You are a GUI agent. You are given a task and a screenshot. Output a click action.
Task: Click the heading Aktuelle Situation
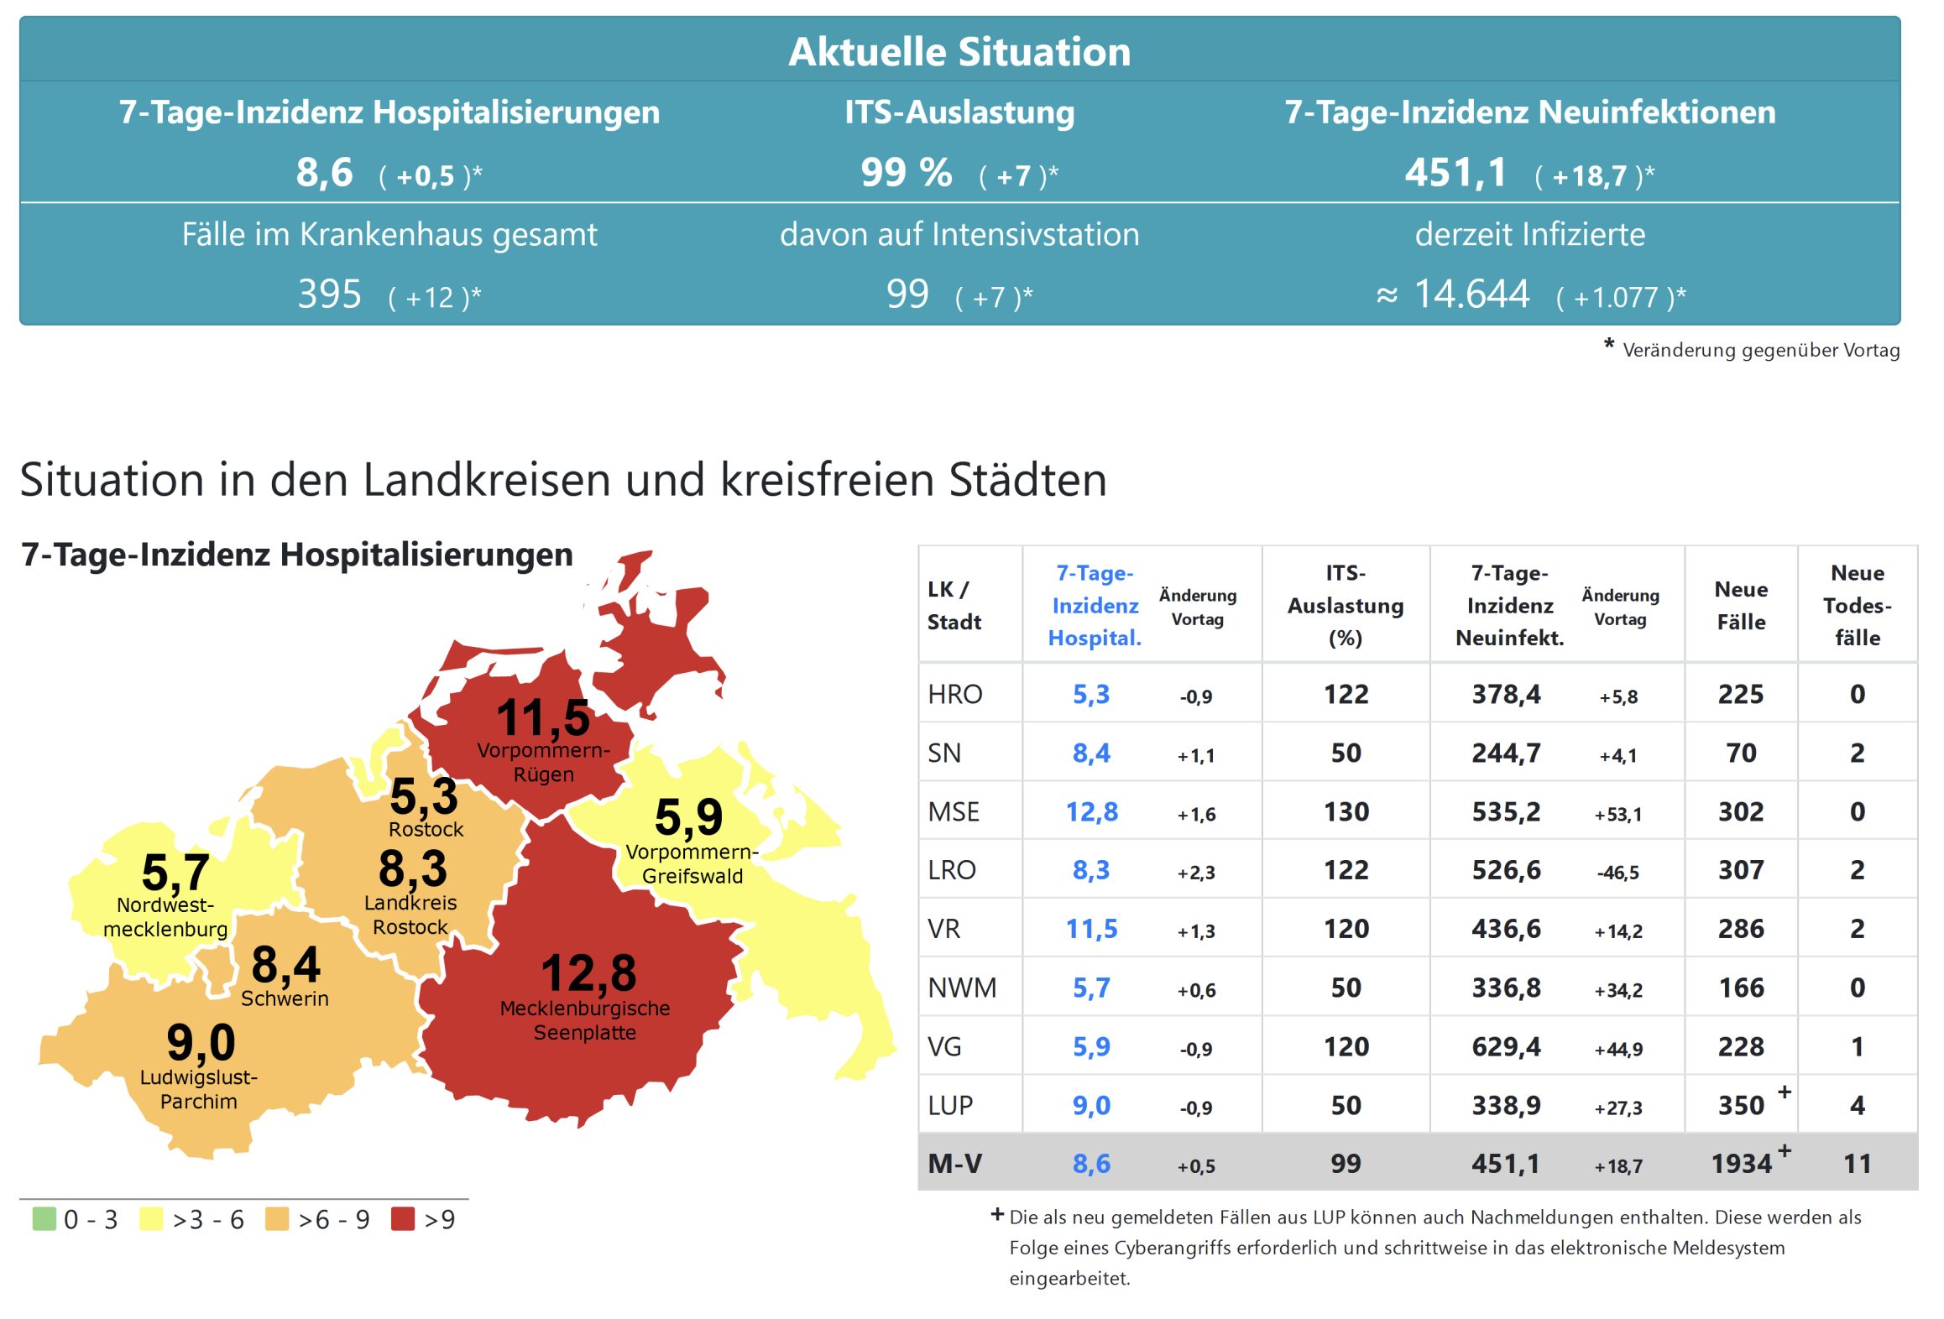959,52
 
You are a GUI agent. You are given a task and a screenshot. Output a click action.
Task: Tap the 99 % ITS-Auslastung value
907,173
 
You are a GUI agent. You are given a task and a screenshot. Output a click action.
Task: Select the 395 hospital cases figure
330,295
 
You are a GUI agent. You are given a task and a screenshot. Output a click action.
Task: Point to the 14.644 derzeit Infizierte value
1471,295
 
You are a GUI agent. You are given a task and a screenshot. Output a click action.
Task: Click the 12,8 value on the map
588,973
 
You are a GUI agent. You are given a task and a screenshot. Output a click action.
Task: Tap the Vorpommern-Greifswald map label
692,864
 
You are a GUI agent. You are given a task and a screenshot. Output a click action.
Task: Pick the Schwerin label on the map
285,998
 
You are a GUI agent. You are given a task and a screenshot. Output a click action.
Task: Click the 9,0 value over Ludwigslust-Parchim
201,1043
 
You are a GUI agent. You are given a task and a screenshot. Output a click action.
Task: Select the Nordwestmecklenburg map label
165,917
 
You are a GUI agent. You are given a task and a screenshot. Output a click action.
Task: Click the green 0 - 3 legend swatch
44,1218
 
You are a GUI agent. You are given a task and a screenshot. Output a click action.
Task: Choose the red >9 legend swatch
403,1218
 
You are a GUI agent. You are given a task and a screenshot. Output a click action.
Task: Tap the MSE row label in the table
954,812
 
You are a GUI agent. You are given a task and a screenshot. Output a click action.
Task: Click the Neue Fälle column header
1741,605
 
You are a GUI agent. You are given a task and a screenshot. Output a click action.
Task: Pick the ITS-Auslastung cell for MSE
1346,812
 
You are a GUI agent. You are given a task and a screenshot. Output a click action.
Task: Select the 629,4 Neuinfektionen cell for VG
1506,1047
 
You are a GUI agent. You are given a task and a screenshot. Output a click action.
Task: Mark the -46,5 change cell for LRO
1617,873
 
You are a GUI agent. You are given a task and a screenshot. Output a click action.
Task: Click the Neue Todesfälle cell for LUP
1857,1106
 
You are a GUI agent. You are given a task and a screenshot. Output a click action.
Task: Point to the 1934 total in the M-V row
1741,1164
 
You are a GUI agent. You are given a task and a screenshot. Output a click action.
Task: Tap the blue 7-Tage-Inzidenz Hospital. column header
1095,605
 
